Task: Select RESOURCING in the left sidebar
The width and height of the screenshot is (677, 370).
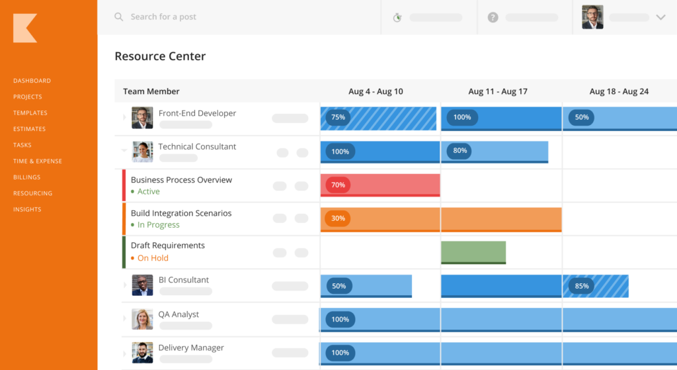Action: tap(32, 193)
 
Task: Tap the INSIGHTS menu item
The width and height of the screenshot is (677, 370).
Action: tap(27, 209)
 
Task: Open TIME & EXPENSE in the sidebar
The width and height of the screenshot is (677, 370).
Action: tap(38, 161)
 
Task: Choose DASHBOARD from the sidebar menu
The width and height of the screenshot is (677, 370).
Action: tap(32, 81)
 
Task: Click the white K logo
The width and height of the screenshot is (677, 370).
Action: tap(25, 28)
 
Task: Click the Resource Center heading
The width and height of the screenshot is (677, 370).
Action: tap(160, 56)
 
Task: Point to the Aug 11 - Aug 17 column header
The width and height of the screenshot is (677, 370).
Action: tap(497, 91)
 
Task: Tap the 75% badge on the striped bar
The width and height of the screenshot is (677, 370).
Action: tap(338, 118)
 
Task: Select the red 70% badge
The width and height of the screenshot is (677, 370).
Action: tap(338, 185)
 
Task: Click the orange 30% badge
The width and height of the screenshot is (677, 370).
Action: tap(338, 218)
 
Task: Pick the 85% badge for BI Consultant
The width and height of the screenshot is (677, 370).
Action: tap(582, 287)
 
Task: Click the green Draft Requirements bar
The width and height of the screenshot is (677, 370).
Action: tap(473, 252)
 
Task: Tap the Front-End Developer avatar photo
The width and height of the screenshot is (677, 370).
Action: tap(142, 118)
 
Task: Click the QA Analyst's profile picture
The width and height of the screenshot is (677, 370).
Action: tap(142, 319)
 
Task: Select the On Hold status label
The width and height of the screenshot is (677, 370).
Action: tap(153, 258)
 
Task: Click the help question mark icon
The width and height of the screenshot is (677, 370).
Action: tap(493, 17)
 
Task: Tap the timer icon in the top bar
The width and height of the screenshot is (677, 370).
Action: tap(397, 17)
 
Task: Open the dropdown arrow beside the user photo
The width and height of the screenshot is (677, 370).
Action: tap(660, 17)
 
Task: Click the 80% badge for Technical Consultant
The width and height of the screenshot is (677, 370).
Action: tap(460, 151)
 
